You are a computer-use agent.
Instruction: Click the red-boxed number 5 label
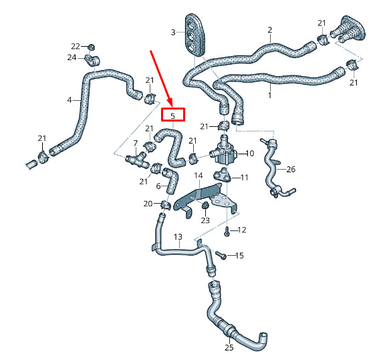coord(172,116)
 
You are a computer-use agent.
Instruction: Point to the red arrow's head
coord(170,103)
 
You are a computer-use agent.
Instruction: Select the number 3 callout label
coord(173,32)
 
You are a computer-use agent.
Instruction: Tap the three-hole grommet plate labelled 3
coord(195,34)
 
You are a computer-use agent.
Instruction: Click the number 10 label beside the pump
coord(249,154)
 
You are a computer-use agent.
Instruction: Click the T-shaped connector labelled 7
coord(136,160)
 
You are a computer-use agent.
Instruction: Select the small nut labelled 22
coord(92,47)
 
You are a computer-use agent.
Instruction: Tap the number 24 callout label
coord(72,57)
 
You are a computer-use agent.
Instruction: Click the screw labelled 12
coord(227,231)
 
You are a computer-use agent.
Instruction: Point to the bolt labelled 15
coord(221,255)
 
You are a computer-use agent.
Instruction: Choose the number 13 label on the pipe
coord(178,237)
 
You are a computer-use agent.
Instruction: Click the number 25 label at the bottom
coord(229,347)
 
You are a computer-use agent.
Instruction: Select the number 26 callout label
coord(291,170)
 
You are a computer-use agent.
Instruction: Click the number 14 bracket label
coord(199,176)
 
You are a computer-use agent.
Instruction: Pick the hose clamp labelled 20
coord(165,205)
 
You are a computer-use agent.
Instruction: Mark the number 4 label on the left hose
coord(70,100)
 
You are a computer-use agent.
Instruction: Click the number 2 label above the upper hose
coord(270,30)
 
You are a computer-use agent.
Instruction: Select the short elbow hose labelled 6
coord(171,180)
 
